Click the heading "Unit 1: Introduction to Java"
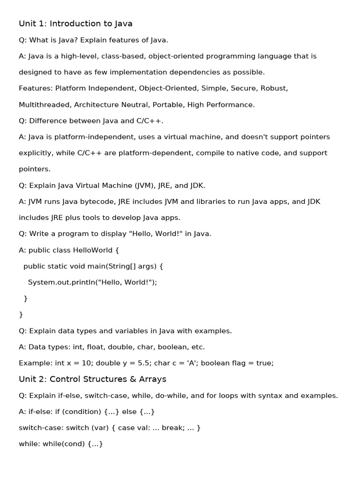(x=75, y=23)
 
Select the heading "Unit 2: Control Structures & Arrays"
(x=92, y=379)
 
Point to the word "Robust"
(x=274, y=88)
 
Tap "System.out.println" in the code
(x=60, y=282)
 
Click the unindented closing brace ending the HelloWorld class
(x=21, y=315)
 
